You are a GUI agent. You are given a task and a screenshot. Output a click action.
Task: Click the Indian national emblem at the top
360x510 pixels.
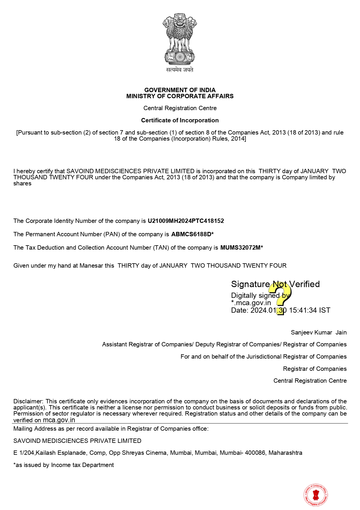click(180, 39)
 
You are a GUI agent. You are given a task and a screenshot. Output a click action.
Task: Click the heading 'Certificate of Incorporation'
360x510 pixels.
click(180, 120)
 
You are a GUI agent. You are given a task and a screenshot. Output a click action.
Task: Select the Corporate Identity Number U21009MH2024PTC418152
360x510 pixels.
click(186, 221)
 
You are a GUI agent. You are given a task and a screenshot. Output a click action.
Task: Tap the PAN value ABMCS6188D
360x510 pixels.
click(191, 234)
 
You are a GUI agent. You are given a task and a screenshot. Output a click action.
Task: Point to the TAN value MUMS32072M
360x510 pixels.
click(240, 248)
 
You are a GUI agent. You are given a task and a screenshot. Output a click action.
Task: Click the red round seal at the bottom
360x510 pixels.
click(316, 495)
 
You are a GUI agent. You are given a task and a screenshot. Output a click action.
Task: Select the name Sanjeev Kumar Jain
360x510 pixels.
click(318, 332)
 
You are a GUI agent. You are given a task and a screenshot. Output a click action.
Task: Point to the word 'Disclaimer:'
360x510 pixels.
click(28, 401)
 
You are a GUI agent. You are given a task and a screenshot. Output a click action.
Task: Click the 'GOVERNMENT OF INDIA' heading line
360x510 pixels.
click(180, 90)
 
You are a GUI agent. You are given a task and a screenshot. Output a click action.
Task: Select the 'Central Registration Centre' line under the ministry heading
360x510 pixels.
click(180, 108)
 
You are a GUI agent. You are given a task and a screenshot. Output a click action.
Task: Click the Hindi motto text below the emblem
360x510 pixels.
click(180, 70)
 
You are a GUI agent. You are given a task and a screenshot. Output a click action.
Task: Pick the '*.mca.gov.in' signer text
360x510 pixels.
click(251, 303)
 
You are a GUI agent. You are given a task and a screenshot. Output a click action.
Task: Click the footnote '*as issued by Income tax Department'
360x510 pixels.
click(64, 465)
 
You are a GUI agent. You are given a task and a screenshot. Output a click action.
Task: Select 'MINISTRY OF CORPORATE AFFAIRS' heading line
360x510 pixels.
click(180, 96)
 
